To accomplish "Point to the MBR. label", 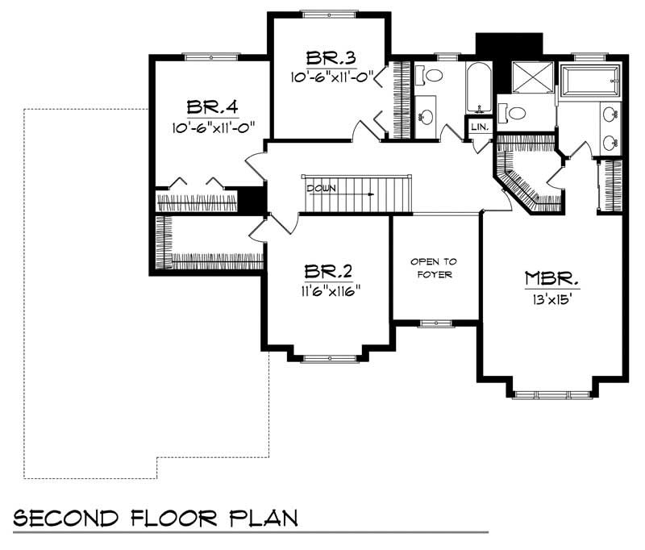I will (552, 279).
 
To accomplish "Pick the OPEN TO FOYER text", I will (435, 268).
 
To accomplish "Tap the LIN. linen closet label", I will (478, 127).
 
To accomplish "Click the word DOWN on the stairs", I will (320, 188).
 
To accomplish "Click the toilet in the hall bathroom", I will (433, 77).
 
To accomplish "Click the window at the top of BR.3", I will (329, 12).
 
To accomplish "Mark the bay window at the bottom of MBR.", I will (551, 394).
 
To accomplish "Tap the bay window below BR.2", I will (329, 358).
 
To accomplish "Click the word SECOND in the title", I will (64, 517).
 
